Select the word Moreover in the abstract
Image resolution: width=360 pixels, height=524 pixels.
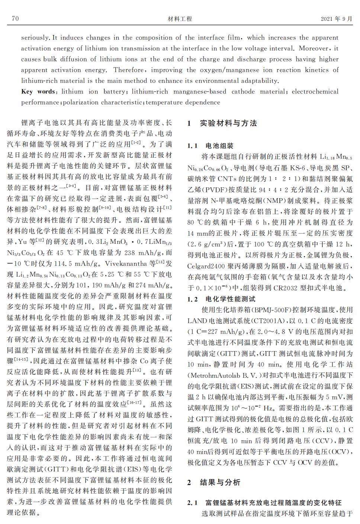pyautogui.click(x=313, y=48)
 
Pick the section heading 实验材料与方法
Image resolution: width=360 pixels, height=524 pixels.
pyautogui.click(x=228, y=123)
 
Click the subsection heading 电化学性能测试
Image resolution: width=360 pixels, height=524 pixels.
pyautogui.click(x=231, y=299)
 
